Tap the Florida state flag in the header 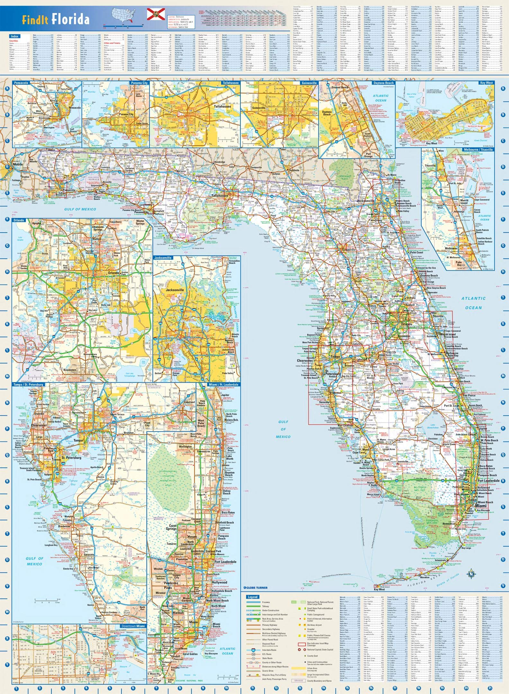[x=154, y=14]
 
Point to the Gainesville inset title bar [x=309, y=83]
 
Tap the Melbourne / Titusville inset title [x=478, y=150]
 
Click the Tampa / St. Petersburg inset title [x=28, y=385]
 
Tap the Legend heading [x=253, y=597]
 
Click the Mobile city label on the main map [x=18, y=165]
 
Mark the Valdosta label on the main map [x=294, y=170]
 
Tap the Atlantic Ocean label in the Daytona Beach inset [x=381, y=98]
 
